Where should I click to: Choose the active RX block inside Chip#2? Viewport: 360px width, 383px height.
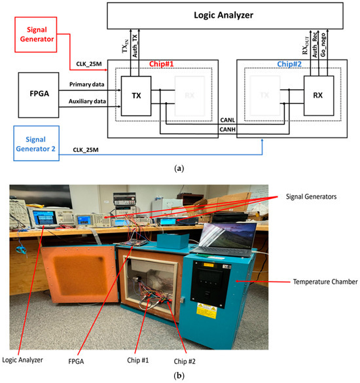[x=317, y=94]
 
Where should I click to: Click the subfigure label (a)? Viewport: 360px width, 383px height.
[x=179, y=168]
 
